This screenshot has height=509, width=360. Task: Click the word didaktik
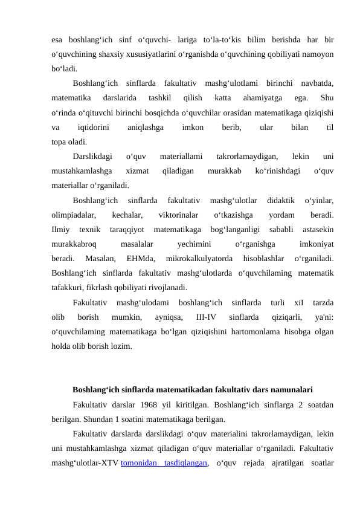(x=281, y=200)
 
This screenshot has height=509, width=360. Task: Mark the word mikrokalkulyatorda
(x=199, y=259)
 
